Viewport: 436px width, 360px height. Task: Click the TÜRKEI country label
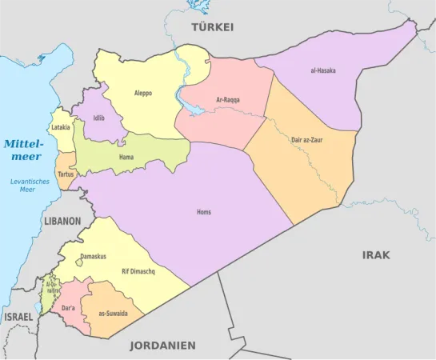(212, 27)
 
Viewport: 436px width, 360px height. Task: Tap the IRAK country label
(376, 255)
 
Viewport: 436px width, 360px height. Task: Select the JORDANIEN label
(163, 346)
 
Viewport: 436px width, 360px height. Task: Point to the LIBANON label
(62, 221)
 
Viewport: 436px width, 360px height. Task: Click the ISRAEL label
(18, 318)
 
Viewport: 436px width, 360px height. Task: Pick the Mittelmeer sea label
(22, 150)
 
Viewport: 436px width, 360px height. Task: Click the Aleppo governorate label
(143, 94)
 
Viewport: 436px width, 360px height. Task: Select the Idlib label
(98, 118)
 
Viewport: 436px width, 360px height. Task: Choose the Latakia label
(61, 127)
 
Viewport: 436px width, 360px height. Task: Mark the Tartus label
(66, 174)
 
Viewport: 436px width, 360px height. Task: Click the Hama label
(126, 158)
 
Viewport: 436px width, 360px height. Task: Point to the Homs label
(204, 212)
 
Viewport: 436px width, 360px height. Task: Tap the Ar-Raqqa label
(228, 100)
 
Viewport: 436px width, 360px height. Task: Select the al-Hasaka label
(322, 70)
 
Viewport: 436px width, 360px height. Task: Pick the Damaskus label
(93, 257)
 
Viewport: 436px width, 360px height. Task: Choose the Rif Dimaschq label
(138, 272)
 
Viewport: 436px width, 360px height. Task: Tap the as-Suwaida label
(113, 314)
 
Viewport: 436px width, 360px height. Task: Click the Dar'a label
(69, 307)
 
